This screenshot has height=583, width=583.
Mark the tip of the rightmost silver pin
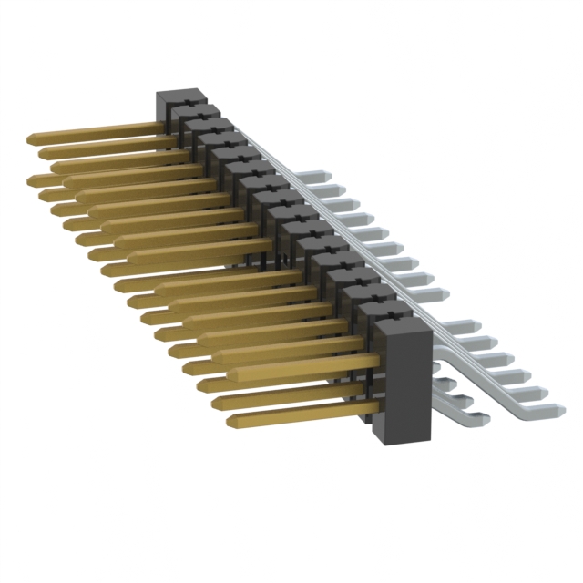558,410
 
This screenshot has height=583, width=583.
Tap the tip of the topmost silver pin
321,172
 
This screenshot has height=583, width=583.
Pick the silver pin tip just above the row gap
443,294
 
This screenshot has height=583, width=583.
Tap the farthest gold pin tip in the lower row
34,179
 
